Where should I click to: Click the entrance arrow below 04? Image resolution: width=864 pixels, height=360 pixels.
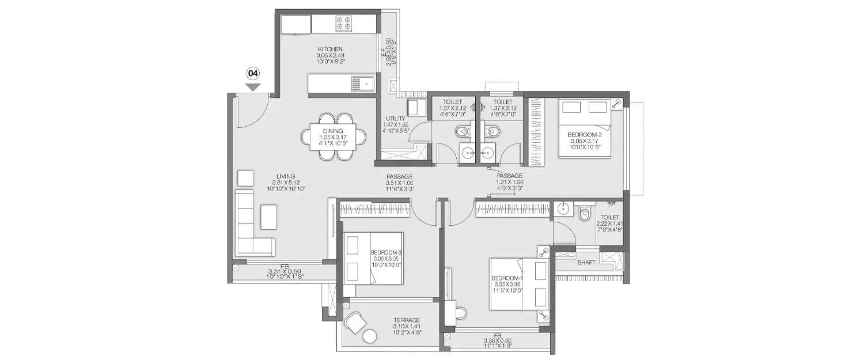(x=253, y=87)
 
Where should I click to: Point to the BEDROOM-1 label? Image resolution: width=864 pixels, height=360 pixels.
(x=506, y=279)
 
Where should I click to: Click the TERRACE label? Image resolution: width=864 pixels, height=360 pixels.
(x=407, y=320)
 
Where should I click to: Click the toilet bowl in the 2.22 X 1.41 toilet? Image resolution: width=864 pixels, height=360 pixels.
(x=585, y=213)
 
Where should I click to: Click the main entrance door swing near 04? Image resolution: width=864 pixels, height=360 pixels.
(x=249, y=114)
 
